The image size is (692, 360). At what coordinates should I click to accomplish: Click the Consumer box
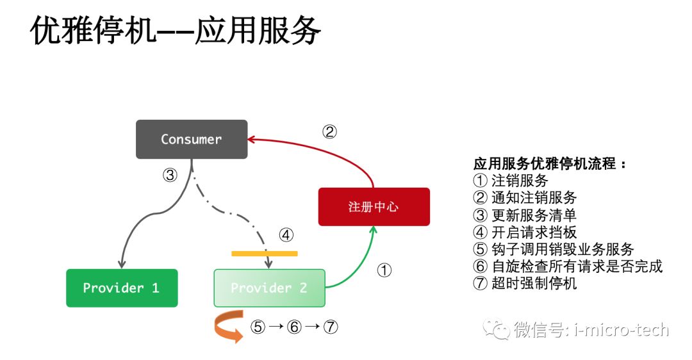point(191,139)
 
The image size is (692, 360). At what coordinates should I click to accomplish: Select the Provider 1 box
point(122,288)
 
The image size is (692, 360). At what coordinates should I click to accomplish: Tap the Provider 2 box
point(269,288)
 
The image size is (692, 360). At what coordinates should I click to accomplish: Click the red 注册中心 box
point(374,206)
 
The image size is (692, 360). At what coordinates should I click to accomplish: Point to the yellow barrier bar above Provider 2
point(264,253)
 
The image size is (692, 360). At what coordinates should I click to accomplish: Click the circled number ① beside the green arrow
point(384,271)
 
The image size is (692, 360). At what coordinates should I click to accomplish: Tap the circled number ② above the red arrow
point(329,132)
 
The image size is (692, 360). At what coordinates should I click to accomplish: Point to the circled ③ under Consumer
point(169,175)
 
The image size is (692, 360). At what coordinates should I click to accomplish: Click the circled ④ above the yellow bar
point(286,235)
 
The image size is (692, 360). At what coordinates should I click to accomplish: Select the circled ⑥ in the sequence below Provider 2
point(294,327)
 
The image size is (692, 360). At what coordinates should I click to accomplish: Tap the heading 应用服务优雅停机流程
point(550,163)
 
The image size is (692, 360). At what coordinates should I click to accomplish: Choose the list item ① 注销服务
point(511,181)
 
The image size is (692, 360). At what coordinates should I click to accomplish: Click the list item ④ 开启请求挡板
point(525,232)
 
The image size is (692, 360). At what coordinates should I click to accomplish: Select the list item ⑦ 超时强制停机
point(525,283)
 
